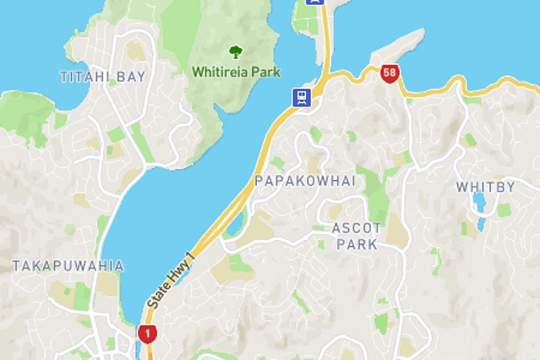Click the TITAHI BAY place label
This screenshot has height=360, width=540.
click(103, 77)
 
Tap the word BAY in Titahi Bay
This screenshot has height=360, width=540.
click(132, 77)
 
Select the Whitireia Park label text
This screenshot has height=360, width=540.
click(236, 72)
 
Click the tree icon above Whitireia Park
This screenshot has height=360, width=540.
click(236, 53)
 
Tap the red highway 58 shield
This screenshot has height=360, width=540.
click(389, 74)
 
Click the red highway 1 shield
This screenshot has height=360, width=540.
click(148, 334)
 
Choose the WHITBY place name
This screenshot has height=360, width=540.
click(485, 187)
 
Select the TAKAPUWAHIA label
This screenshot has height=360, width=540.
click(68, 266)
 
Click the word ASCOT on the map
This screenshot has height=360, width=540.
click(357, 228)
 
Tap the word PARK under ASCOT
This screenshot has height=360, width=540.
click(357, 245)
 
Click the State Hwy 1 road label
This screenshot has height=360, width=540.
click(170, 280)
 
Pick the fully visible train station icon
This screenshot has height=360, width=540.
click(302, 97)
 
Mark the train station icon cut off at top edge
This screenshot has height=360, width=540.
click(314, 3)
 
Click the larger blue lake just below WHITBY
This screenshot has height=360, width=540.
click(480, 203)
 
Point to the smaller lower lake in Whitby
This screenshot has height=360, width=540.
click(480, 225)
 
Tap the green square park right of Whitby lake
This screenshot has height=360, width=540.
click(504, 210)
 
